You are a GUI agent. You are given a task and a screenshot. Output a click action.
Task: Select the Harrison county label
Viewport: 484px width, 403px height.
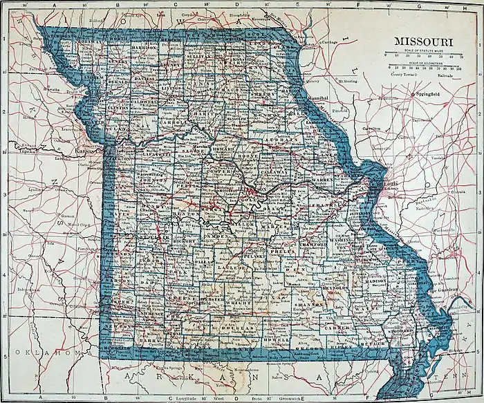pos(144,48)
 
